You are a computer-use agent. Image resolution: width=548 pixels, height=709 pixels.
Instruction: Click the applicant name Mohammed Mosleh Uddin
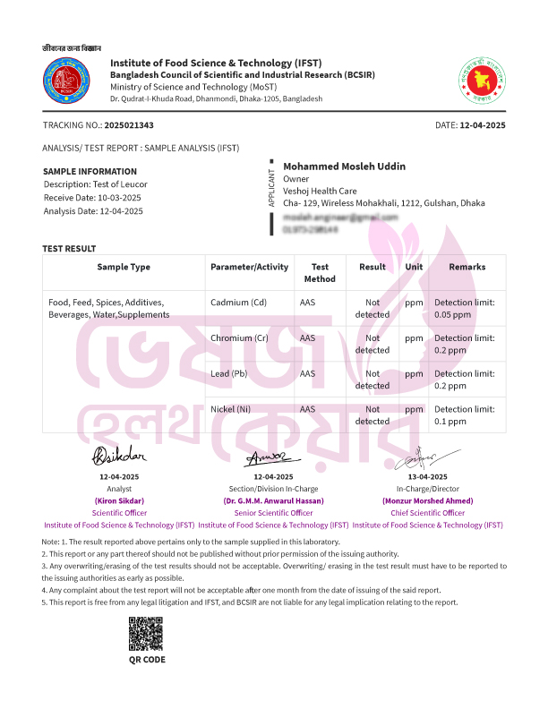344,167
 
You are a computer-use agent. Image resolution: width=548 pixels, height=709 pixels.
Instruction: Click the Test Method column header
320,272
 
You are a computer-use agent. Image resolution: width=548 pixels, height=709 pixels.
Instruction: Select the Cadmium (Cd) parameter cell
238,303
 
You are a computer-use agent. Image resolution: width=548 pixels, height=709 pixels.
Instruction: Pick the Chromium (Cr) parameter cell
239,338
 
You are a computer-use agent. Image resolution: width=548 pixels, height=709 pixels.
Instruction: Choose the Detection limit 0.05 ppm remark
464,308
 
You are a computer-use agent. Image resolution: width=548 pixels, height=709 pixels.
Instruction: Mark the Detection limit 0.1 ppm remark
464,414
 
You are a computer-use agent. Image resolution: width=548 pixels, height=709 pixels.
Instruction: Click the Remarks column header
467,267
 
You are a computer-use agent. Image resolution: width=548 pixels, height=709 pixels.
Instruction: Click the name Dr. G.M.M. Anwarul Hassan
273,501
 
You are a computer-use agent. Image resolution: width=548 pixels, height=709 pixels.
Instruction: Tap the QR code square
146,635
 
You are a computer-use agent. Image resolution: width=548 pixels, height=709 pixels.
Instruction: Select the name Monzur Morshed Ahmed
428,501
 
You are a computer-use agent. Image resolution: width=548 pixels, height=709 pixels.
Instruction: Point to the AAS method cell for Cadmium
307,303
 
